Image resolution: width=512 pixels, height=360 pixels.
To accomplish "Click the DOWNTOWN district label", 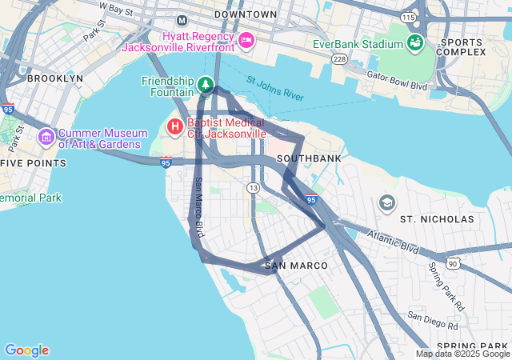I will pyautogui.click(x=246, y=14).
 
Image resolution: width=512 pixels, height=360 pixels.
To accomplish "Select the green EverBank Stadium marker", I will pyautogui.click(x=414, y=42).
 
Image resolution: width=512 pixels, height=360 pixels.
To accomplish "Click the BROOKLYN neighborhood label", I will pyautogui.click(x=54, y=78).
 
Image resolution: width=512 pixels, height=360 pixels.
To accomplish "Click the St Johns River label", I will pyautogui.click(x=274, y=88).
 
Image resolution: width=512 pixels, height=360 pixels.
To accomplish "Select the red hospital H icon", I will pyautogui.click(x=174, y=126).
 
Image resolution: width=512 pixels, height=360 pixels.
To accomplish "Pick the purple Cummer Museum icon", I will pyautogui.click(x=46, y=138).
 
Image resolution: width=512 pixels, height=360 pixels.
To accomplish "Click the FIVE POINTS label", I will pyautogui.click(x=34, y=163).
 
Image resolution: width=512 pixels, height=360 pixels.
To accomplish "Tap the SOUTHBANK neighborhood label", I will pyautogui.click(x=309, y=158).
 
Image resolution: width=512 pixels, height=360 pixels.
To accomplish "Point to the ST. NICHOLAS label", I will pyautogui.click(x=437, y=218).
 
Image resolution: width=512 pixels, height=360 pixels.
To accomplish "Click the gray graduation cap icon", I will pyautogui.click(x=387, y=202).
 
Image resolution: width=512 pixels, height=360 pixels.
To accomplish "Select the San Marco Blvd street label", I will pyautogui.click(x=198, y=206).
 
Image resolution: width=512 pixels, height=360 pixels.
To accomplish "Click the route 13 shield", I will pyautogui.click(x=253, y=187).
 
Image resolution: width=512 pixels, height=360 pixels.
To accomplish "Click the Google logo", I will pyautogui.click(x=26, y=350).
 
